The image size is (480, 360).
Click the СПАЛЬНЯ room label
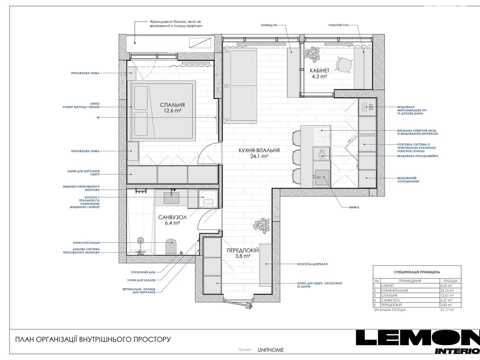tap(172, 105)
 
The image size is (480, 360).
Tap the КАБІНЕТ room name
tap(319, 70)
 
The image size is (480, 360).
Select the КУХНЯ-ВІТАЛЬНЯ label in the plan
tap(259, 150)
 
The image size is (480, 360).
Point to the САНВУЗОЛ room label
tap(172, 217)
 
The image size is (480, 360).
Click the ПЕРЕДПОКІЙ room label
tap(242, 250)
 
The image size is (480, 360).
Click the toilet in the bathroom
tap(171, 247)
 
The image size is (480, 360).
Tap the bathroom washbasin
tap(171, 198)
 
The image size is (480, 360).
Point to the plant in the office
tap(311, 54)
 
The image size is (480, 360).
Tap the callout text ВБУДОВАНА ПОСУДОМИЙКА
tap(418, 156)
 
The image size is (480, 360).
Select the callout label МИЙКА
tap(354, 207)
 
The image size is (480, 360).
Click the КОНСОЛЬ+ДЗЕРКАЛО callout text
tap(312, 264)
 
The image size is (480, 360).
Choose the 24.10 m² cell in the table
tap(447, 290)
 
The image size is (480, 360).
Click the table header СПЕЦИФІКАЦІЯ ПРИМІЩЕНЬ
tap(417, 272)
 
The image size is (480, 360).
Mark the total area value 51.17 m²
tap(447, 310)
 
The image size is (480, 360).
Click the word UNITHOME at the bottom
tap(271, 350)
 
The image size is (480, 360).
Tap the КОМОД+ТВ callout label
tap(269, 25)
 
